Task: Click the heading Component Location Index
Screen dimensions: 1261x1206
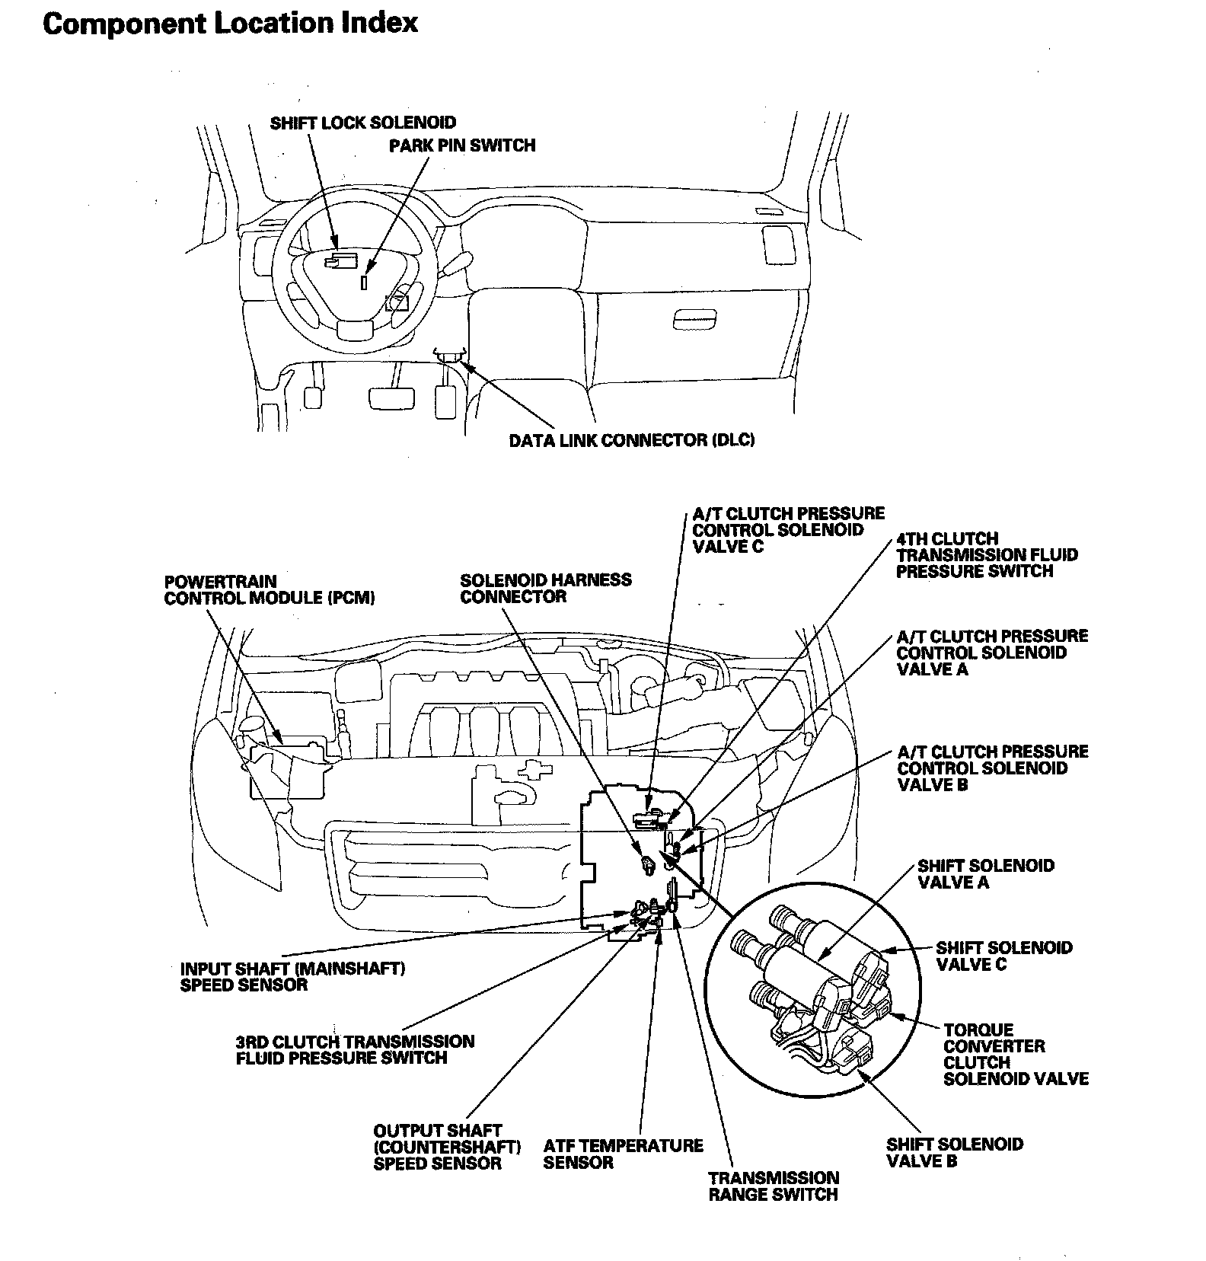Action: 230,23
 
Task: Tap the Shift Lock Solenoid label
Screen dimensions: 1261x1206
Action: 363,123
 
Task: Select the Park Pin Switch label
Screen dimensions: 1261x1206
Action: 462,145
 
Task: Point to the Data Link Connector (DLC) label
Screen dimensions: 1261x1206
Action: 632,440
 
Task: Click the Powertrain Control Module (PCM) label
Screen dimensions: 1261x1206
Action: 270,590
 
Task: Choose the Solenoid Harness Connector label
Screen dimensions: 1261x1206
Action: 546,588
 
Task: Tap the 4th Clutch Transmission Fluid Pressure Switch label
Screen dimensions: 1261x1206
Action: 987,555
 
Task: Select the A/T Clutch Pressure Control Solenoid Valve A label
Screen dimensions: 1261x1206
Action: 992,653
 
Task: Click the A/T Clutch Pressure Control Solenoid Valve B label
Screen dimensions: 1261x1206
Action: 993,768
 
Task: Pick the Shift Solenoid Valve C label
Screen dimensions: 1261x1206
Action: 1003,956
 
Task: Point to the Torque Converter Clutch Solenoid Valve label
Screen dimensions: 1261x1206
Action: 1016,1054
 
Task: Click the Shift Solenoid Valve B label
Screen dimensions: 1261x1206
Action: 955,1152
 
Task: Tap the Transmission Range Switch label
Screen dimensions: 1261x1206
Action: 774,1186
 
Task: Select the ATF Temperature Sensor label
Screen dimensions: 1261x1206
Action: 623,1154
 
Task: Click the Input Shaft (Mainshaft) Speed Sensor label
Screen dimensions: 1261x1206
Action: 292,976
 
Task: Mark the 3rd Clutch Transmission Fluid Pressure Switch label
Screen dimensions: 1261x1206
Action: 355,1049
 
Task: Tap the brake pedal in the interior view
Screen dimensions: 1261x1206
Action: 391,397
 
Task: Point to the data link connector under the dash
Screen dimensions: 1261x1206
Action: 450,354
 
